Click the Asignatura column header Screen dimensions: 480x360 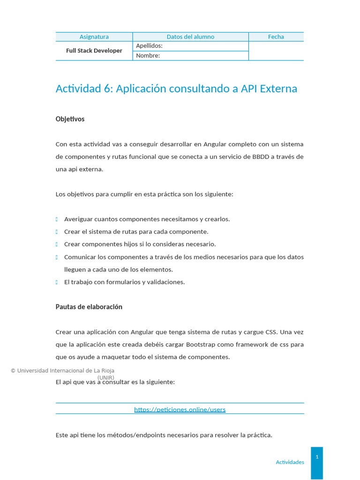pyautogui.click(x=94, y=37)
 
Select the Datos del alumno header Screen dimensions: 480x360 pyautogui.click(x=190, y=37)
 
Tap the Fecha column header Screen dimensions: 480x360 pyautogui.click(x=276, y=37)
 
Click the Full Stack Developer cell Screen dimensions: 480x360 pyautogui.click(x=94, y=51)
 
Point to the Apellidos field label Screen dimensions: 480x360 pyautogui.click(x=149, y=46)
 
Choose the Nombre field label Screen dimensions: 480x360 pyautogui.click(x=148, y=56)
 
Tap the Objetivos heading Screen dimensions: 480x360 pyautogui.click(x=70, y=119)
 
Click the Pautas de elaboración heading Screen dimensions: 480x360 pyautogui.click(x=89, y=307)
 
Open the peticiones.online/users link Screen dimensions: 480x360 pyautogui.click(x=180, y=409)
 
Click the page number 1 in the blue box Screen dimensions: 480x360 pyautogui.click(x=317, y=457)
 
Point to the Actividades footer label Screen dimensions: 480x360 pyautogui.click(x=290, y=462)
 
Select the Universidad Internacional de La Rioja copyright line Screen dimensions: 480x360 pyautogui.click(x=62, y=370)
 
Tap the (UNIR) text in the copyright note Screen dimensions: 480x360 pyautogui.click(x=105, y=377)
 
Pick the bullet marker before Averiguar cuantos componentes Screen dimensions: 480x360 pyautogui.click(x=57, y=219)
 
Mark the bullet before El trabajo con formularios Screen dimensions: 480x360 pyautogui.click(x=57, y=282)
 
